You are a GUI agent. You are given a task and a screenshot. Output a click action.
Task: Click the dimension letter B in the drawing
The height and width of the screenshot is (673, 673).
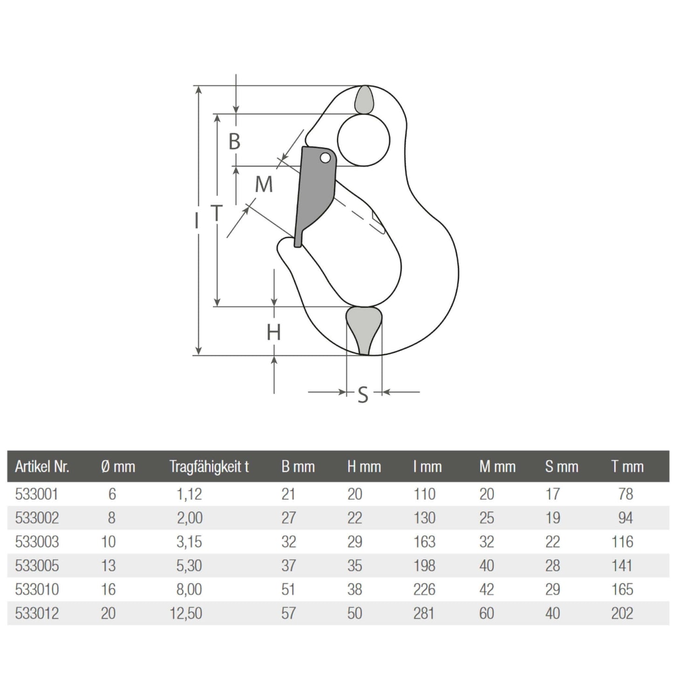[234, 142]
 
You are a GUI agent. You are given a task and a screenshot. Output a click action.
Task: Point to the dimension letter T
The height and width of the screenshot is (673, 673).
[217, 213]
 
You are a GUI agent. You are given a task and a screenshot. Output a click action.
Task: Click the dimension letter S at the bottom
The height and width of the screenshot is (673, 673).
[363, 394]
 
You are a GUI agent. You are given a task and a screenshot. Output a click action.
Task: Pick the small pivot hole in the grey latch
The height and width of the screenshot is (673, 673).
[325, 158]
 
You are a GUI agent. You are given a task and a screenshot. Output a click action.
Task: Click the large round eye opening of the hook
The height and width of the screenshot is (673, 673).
[364, 140]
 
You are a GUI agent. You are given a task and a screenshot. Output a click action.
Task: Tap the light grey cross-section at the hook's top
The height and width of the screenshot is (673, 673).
[364, 100]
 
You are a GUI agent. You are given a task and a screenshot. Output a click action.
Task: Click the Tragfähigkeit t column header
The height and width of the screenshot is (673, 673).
[209, 467]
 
